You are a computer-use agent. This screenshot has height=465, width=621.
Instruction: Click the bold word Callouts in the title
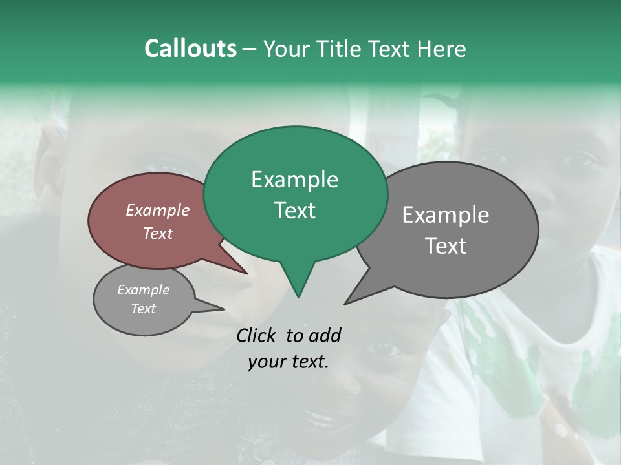pyautogui.click(x=190, y=48)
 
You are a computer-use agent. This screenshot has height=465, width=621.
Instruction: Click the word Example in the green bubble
pyautogui.click(x=294, y=180)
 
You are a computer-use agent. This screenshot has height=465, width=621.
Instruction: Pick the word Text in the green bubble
pyautogui.click(x=294, y=211)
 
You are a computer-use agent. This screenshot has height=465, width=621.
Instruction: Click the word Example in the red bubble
pyautogui.click(x=157, y=210)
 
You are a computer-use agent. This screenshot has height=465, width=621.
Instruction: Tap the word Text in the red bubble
pyautogui.click(x=157, y=233)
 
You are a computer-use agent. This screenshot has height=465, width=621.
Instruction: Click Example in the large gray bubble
pyautogui.click(x=445, y=215)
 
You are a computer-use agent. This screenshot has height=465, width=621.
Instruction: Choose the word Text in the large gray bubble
pyautogui.click(x=445, y=246)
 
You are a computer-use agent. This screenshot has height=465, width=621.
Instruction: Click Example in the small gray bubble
pyautogui.click(x=143, y=290)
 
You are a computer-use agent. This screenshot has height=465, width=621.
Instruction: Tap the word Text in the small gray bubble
pyautogui.click(x=143, y=309)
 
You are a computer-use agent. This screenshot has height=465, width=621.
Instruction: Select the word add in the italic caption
pyautogui.click(x=325, y=335)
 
